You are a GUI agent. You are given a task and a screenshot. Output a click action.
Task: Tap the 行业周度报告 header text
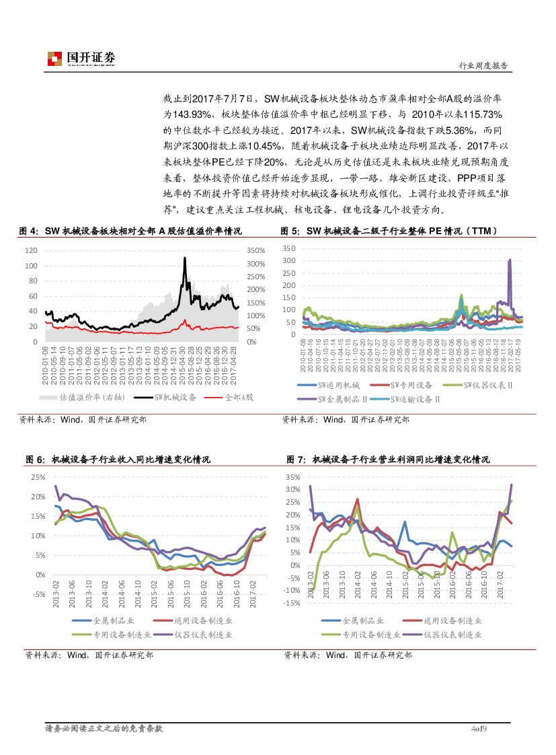(x=482, y=66)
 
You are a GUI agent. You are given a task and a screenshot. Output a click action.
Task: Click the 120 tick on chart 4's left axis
(x=31, y=250)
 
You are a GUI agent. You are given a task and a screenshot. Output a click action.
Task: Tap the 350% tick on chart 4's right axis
(x=257, y=250)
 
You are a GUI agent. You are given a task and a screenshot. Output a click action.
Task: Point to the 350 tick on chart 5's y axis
(x=289, y=248)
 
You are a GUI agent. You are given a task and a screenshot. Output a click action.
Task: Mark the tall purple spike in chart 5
(x=510, y=260)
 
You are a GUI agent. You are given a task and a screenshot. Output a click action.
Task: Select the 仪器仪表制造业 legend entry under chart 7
(x=458, y=634)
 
